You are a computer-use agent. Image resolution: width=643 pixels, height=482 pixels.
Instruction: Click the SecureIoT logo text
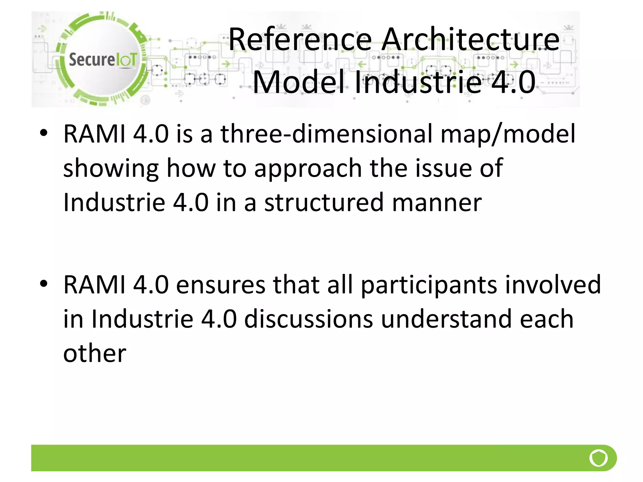[x=103, y=60]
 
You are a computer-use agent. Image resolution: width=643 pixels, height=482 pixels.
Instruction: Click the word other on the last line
[x=95, y=353]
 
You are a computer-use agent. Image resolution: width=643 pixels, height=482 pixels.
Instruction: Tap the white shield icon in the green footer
[x=598, y=458]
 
